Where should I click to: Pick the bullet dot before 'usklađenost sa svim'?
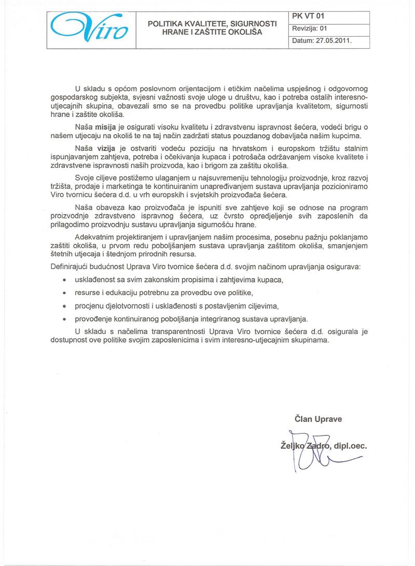click(x=64, y=280)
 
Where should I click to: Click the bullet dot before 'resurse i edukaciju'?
click(x=64, y=293)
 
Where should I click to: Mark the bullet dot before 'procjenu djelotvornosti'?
click(x=64, y=306)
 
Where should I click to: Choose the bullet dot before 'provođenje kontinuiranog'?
click(x=64, y=319)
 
